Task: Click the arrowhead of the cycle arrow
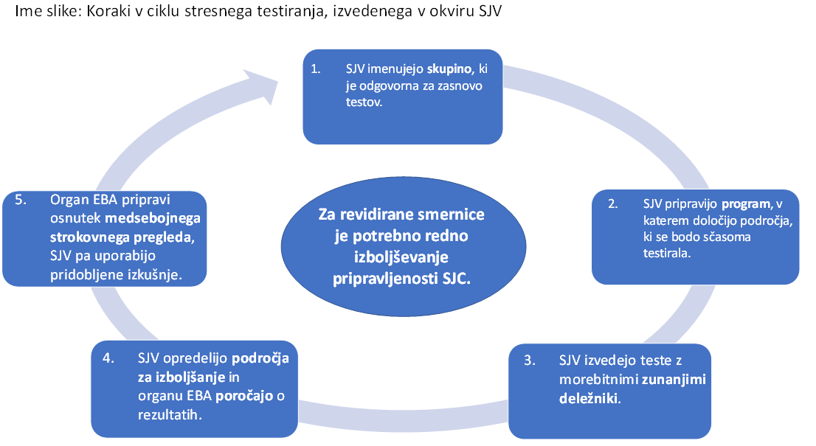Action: pos(261,85)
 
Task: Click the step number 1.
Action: pos(315,69)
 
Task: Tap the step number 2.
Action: pos(613,203)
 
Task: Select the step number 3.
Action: pos(529,360)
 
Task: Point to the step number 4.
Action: pos(108,358)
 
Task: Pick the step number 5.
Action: pos(21,200)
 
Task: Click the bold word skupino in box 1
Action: pos(450,69)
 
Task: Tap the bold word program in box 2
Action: pos(746,204)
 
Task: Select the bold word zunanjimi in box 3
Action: pos(674,380)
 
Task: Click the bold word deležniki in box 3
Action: pos(589,399)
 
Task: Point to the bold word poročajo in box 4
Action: pos(245,396)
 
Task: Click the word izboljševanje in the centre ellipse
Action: pos(401,257)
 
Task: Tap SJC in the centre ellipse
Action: pos(456,279)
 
